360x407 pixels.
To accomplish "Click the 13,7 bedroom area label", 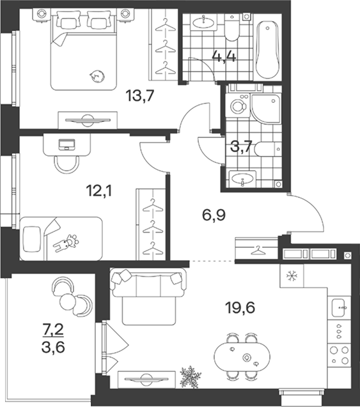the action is (x=140, y=95).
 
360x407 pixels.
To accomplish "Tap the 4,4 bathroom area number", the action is (x=224, y=56).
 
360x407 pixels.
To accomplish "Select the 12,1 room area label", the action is (x=98, y=192).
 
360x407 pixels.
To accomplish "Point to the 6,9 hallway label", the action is (x=214, y=215).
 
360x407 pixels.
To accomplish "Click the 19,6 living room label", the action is (x=240, y=308).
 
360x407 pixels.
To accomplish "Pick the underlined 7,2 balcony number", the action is (x=53, y=330).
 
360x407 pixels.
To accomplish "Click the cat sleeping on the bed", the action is (x=97, y=77).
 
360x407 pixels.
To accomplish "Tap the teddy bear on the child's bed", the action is (x=67, y=243).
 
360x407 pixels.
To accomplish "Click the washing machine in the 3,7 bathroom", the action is (x=238, y=106).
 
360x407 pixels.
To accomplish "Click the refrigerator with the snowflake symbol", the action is (x=292, y=275).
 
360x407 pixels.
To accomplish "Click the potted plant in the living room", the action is (x=191, y=377).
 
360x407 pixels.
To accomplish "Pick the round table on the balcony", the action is (x=68, y=301).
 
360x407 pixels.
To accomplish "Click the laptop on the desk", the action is (x=67, y=144).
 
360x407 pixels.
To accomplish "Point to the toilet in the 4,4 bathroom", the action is (x=231, y=27).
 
